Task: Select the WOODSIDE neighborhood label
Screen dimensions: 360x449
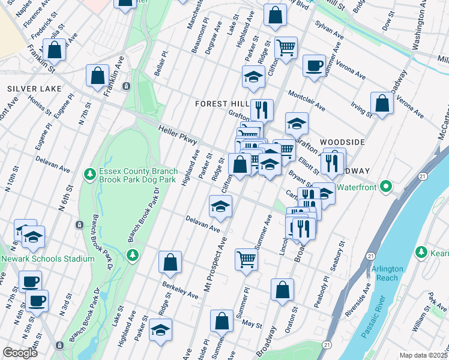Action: pyautogui.click(x=342, y=141)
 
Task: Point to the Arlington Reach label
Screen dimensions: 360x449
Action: pyautogui.click(x=388, y=273)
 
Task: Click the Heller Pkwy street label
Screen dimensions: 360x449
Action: pyautogui.click(x=178, y=134)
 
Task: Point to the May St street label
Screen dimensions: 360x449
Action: pyautogui.click(x=249, y=323)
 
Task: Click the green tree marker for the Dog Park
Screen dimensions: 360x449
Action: pyautogui.click(x=89, y=174)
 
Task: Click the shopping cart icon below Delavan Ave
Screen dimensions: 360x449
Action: pyautogui.click(x=246, y=259)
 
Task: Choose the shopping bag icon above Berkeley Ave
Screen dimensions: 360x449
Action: pyautogui.click(x=170, y=262)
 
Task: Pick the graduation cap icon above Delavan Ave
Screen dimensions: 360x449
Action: pyautogui.click(x=220, y=206)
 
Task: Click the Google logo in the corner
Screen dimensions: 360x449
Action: pyautogui.click(x=20, y=353)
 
